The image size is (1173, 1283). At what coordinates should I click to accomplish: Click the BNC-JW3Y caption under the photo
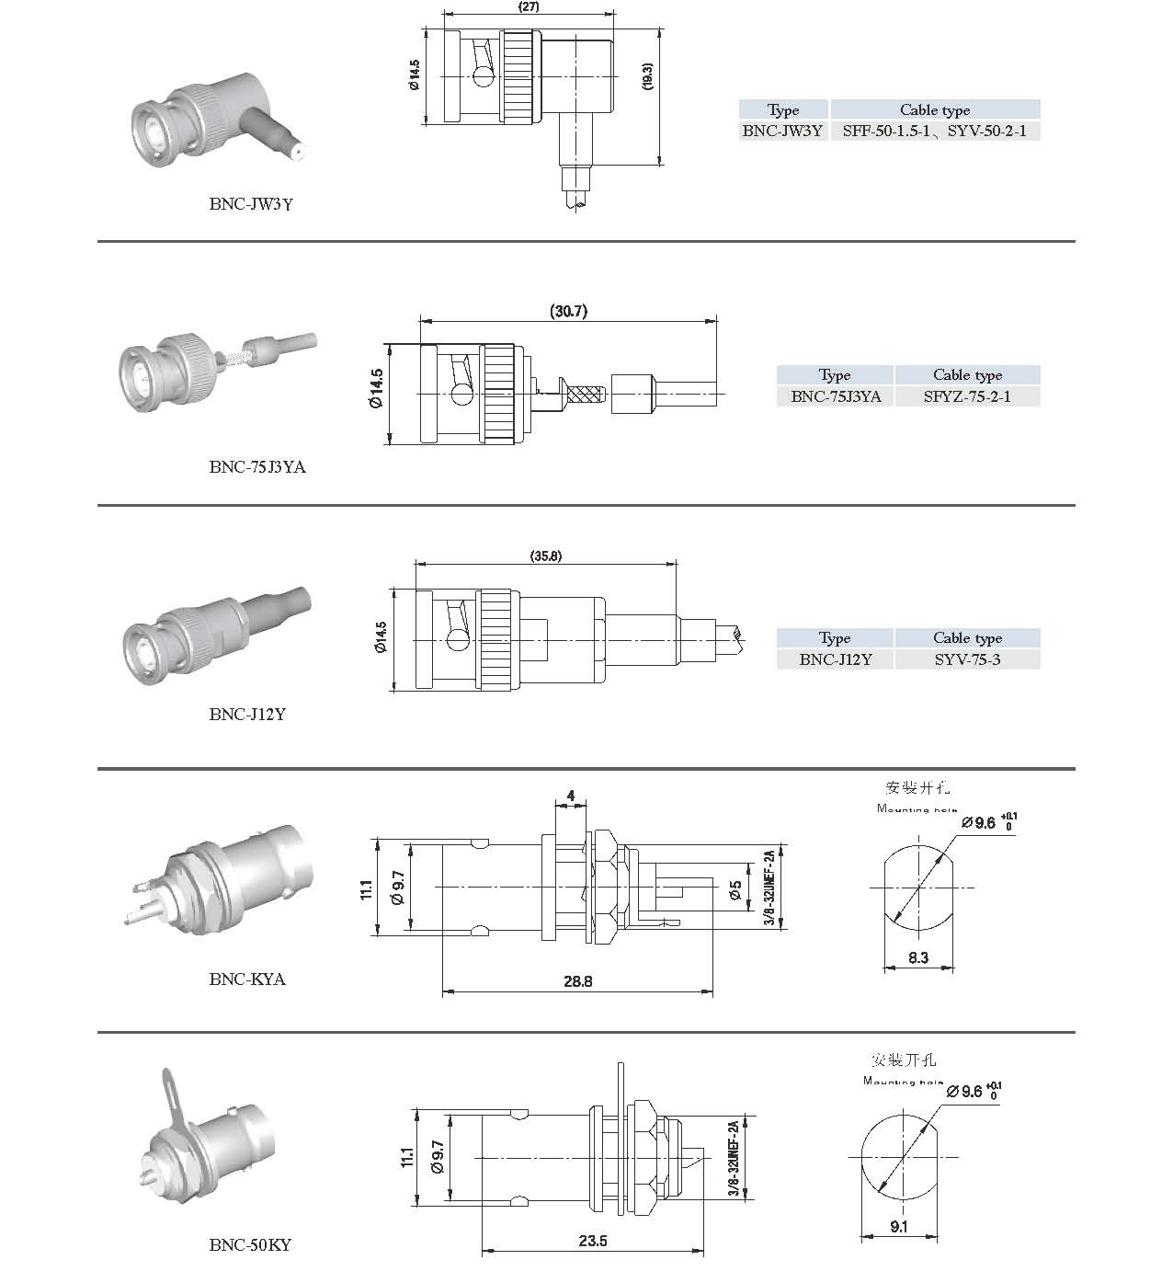tap(251, 204)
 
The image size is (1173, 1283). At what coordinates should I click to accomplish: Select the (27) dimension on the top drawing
tap(528, 6)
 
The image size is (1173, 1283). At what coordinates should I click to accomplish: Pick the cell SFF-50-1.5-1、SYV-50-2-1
tap(934, 131)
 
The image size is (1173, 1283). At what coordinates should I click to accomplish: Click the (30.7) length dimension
tap(568, 312)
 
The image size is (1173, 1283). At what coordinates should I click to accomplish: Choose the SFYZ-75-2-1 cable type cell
tap(967, 396)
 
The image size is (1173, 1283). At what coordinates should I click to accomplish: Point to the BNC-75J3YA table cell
tap(835, 396)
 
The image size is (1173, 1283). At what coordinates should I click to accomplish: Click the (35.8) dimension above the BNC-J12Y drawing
tap(546, 556)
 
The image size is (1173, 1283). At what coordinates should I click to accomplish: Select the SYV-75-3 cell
tap(967, 659)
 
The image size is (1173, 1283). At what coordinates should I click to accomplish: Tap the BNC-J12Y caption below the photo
tap(247, 714)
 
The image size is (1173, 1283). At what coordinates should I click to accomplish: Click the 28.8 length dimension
tap(577, 981)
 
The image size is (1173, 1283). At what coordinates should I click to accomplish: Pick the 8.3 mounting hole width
tap(917, 958)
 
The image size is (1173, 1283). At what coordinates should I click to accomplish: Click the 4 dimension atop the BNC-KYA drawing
tap(571, 796)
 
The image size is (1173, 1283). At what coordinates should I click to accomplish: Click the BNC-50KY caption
tap(250, 1245)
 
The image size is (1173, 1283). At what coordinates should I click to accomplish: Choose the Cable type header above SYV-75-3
tap(967, 638)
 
